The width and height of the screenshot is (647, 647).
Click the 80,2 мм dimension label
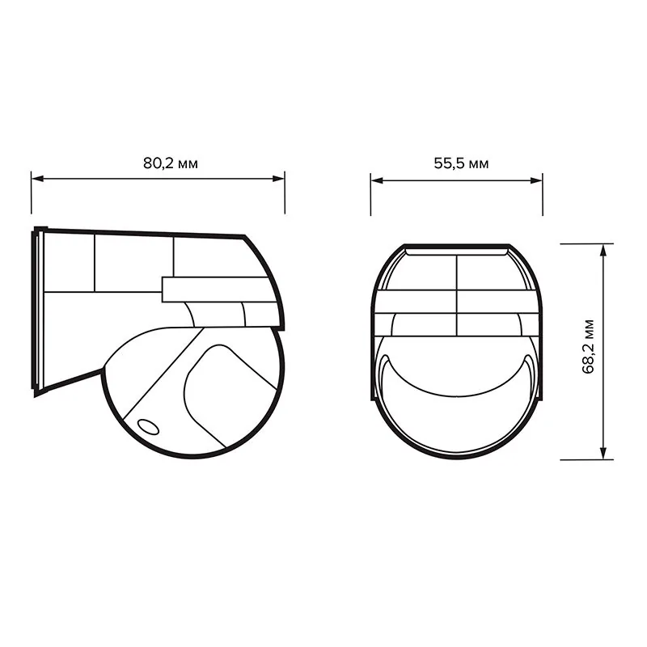(171, 163)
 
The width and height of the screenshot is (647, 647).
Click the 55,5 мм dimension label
(461, 163)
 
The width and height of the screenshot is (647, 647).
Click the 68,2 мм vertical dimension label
(588, 347)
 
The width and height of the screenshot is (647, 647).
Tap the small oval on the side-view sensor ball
(148, 427)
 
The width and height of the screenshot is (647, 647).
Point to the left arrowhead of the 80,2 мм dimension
(37, 179)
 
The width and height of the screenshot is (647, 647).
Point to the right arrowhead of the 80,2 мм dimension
(278, 179)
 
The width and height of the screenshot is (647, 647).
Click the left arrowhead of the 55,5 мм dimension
(377, 180)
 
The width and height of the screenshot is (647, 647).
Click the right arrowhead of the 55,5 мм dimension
(536, 180)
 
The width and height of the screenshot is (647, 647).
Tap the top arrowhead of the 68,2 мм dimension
(603, 250)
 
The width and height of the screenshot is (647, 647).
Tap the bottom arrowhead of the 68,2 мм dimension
(603, 453)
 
